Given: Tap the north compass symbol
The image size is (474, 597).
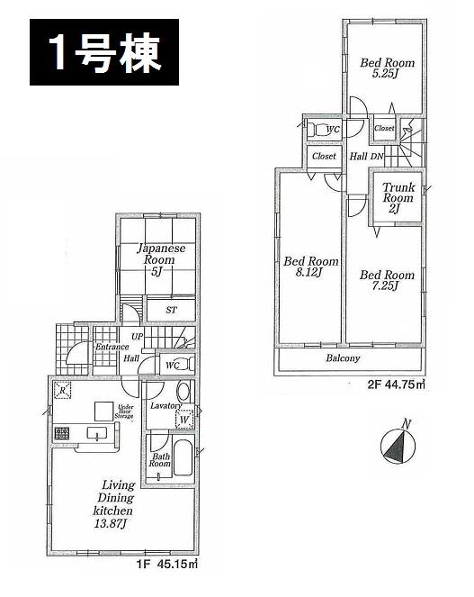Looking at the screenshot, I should (395, 445).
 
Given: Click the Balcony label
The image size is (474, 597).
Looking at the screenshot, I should (342, 357).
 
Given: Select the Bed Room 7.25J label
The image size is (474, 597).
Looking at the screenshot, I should (387, 281).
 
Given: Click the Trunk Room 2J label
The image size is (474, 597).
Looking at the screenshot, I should (398, 198).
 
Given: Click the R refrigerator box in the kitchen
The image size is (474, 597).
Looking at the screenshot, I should (62, 390).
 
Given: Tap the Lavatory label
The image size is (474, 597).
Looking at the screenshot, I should (166, 406).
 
